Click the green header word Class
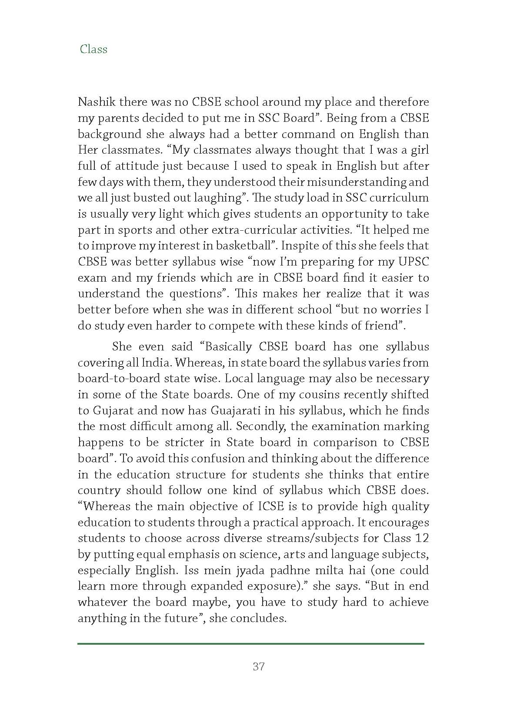coord(93,49)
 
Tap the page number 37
coord(258,666)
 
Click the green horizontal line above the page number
coord(251,643)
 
